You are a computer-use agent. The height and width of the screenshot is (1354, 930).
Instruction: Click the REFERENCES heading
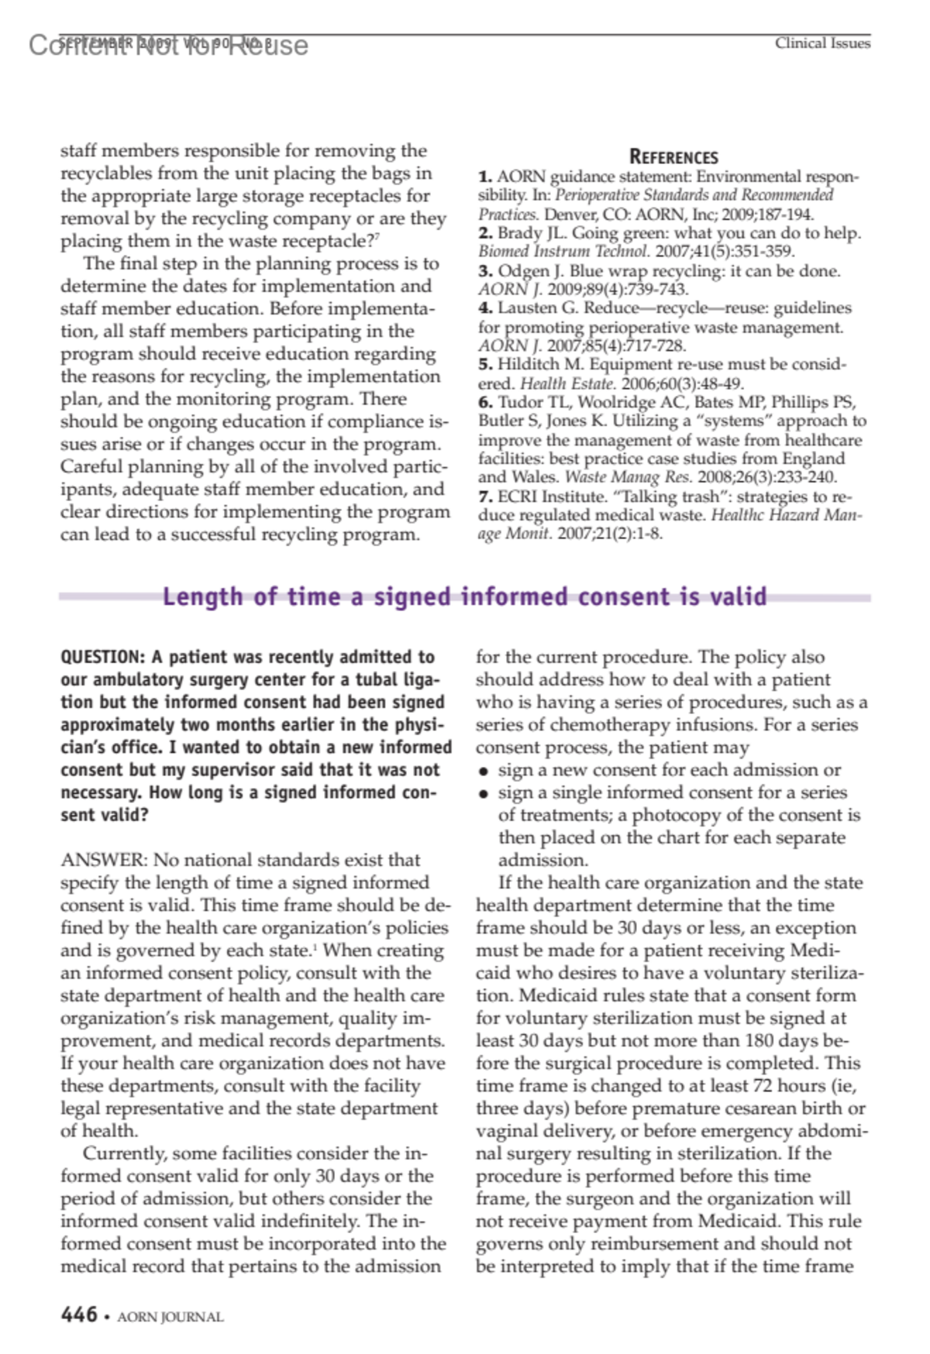(673, 157)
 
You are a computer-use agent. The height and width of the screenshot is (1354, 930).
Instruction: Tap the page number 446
(79, 1314)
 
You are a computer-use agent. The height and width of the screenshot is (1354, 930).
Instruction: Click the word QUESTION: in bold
(102, 657)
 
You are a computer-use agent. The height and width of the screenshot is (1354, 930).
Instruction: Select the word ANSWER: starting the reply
(103, 860)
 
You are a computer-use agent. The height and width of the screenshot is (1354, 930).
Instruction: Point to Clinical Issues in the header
(822, 43)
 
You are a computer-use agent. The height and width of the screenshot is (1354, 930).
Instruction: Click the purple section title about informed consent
(465, 596)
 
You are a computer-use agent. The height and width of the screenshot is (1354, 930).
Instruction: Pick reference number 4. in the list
(485, 308)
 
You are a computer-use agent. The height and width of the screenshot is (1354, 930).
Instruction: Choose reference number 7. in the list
(485, 497)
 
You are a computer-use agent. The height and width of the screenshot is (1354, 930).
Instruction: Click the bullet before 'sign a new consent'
(484, 771)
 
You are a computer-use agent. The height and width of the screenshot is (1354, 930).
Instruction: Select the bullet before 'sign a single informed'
(484, 793)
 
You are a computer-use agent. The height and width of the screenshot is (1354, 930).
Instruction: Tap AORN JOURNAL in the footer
(170, 1317)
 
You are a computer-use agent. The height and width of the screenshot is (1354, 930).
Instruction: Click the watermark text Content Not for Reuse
(168, 46)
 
